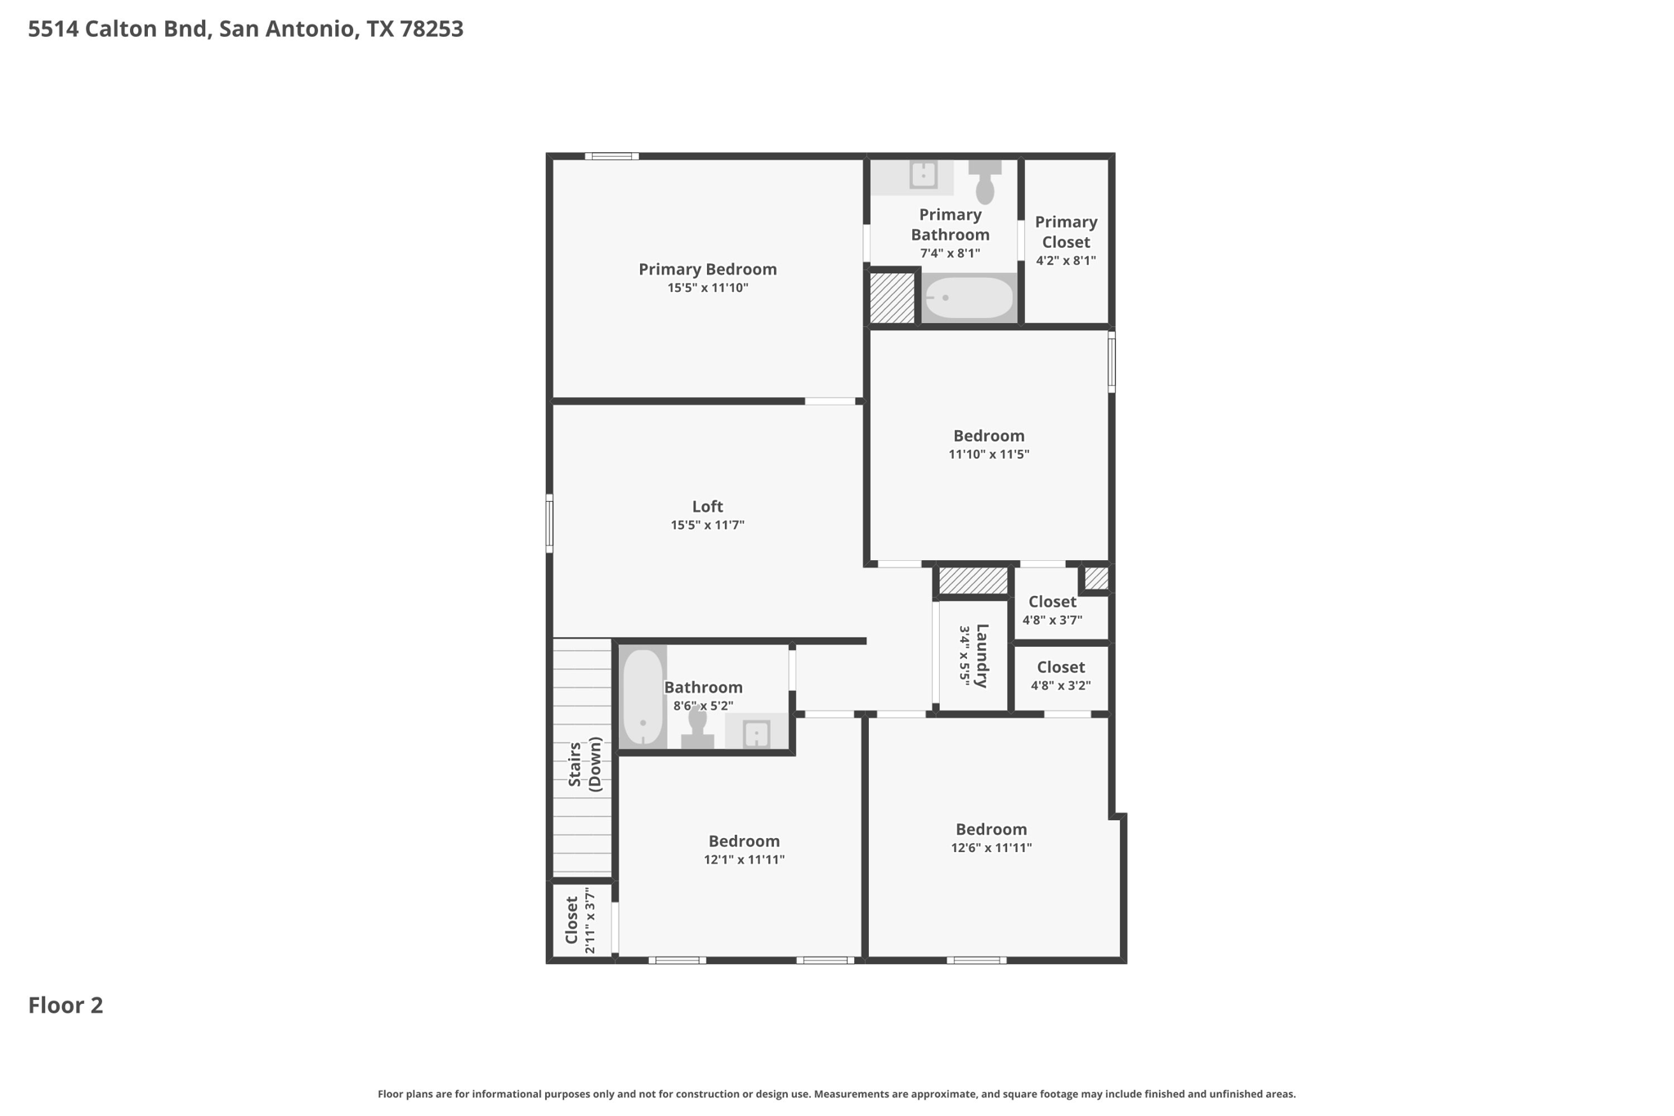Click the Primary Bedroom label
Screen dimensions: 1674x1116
(707, 269)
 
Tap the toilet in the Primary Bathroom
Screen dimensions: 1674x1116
(985, 182)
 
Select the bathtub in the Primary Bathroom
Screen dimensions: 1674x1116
(969, 298)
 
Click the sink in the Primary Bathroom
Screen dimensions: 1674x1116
(923, 175)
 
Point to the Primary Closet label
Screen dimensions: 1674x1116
(1066, 232)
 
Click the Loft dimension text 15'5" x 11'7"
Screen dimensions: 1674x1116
(707, 525)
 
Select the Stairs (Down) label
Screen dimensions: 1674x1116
(585, 764)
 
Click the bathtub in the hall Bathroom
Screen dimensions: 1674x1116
(642, 697)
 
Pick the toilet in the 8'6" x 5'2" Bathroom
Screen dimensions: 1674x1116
(697, 728)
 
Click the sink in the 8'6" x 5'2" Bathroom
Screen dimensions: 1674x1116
(756, 733)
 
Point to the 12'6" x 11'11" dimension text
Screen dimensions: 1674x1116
(991, 848)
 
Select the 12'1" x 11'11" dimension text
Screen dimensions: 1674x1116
(744, 860)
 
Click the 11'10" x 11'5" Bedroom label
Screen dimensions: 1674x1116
(989, 436)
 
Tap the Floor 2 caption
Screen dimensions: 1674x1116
(65, 1006)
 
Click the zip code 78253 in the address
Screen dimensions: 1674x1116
(432, 29)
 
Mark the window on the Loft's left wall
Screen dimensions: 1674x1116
(549, 523)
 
